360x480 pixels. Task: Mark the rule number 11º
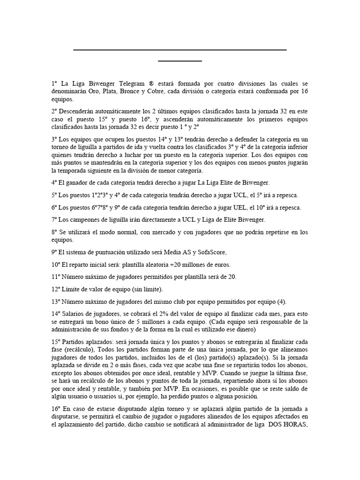[x=56, y=277]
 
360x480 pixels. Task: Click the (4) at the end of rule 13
[x=281, y=301]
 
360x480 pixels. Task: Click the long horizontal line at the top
[x=180, y=49]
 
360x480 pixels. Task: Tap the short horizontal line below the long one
[x=180, y=61]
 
